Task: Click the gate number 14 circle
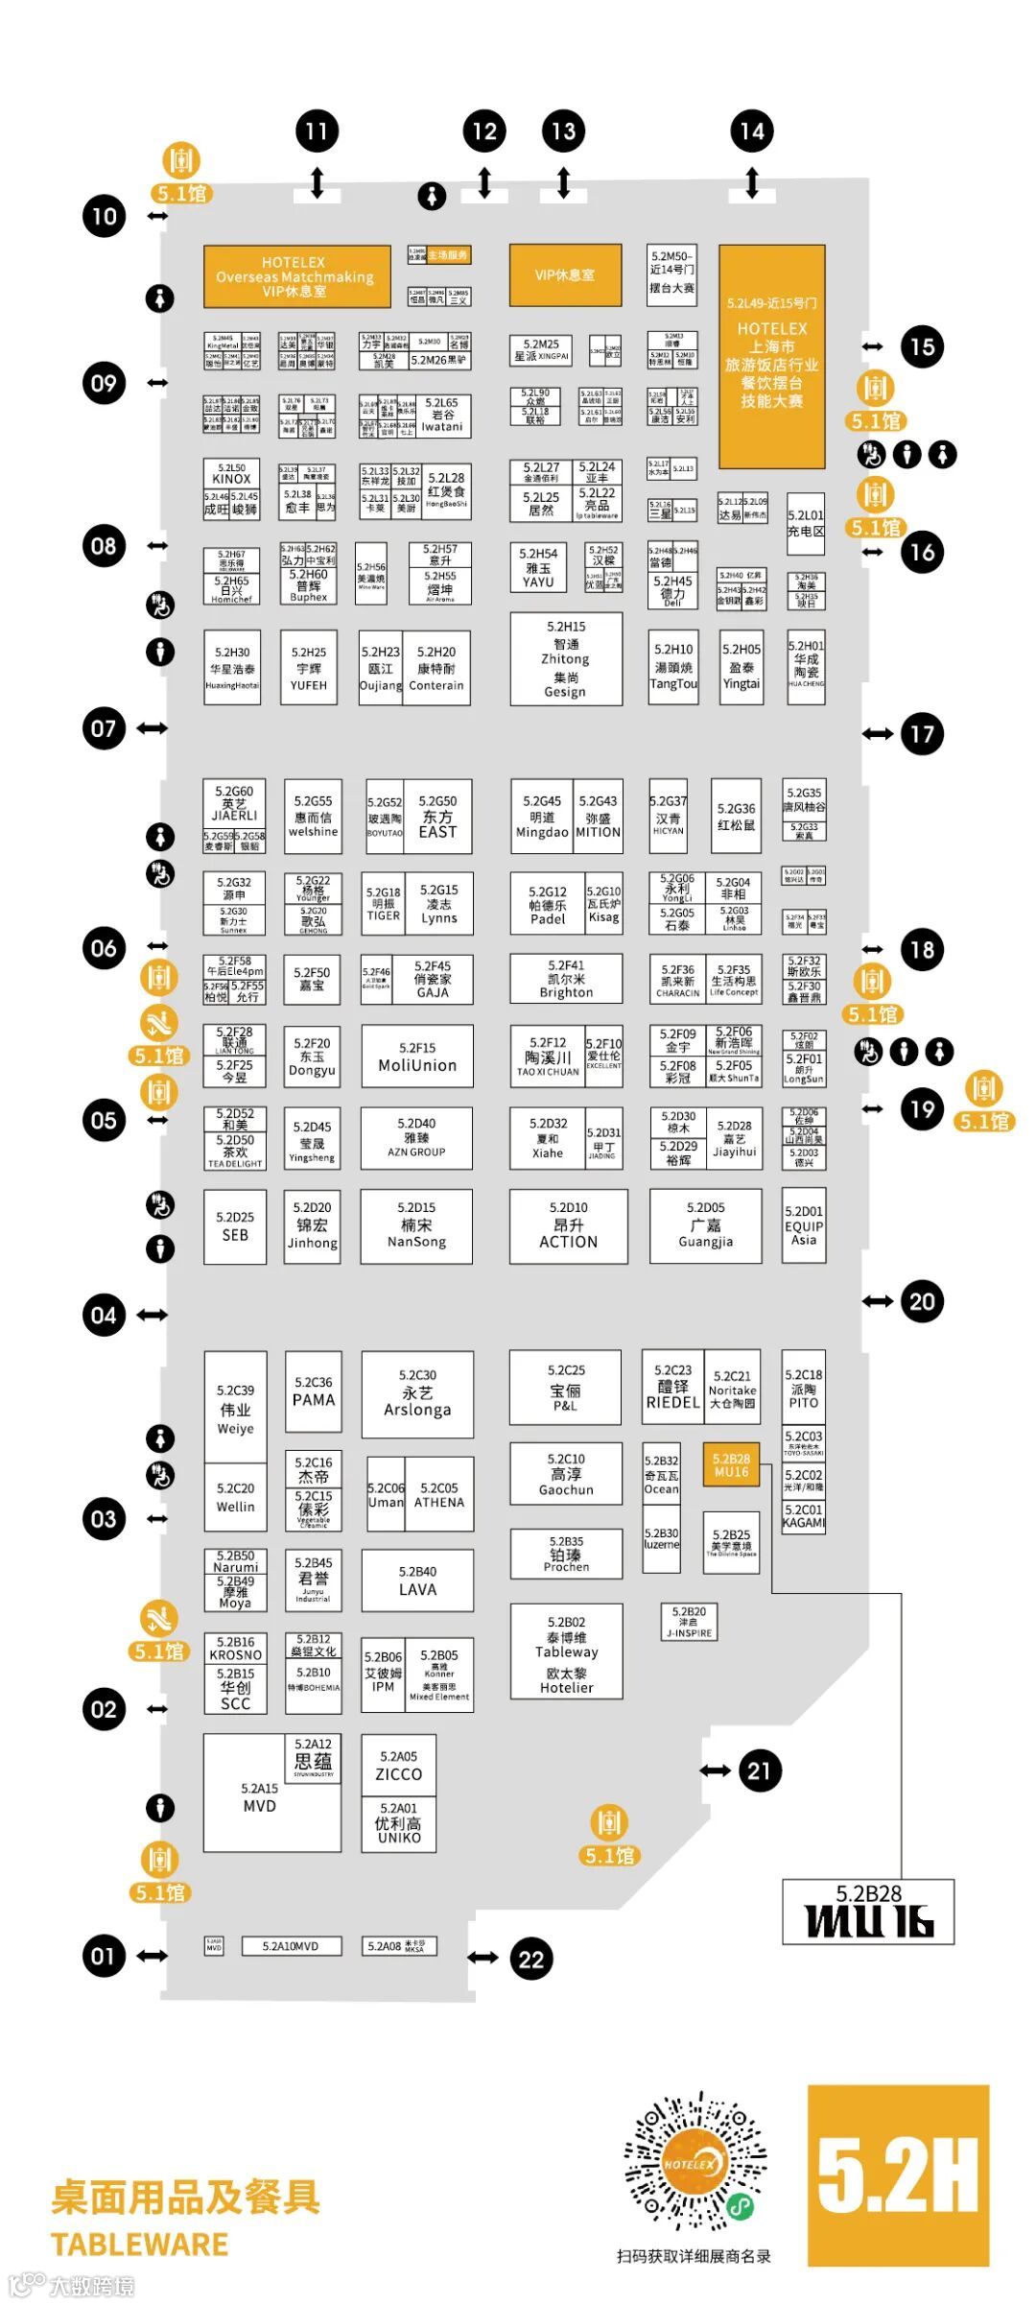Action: click(x=752, y=131)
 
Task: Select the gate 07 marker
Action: click(x=104, y=728)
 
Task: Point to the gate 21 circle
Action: click(x=759, y=1770)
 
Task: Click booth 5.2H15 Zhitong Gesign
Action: click(x=565, y=659)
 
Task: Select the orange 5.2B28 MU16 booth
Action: click(x=731, y=1464)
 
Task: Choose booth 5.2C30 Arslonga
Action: click(x=417, y=1393)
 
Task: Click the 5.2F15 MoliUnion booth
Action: click(x=417, y=1057)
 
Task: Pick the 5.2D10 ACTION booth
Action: click(x=568, y=1225)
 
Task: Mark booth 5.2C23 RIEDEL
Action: click(x=672, y=1387)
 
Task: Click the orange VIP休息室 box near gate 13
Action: click(x=565, y=275)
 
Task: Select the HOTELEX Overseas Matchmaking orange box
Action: click(x=295, y=276)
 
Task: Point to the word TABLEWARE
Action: click(x=139, y=2245)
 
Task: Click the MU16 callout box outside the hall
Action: click(x=868, y=1912)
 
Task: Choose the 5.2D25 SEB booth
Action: click(x=235, y=1226)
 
